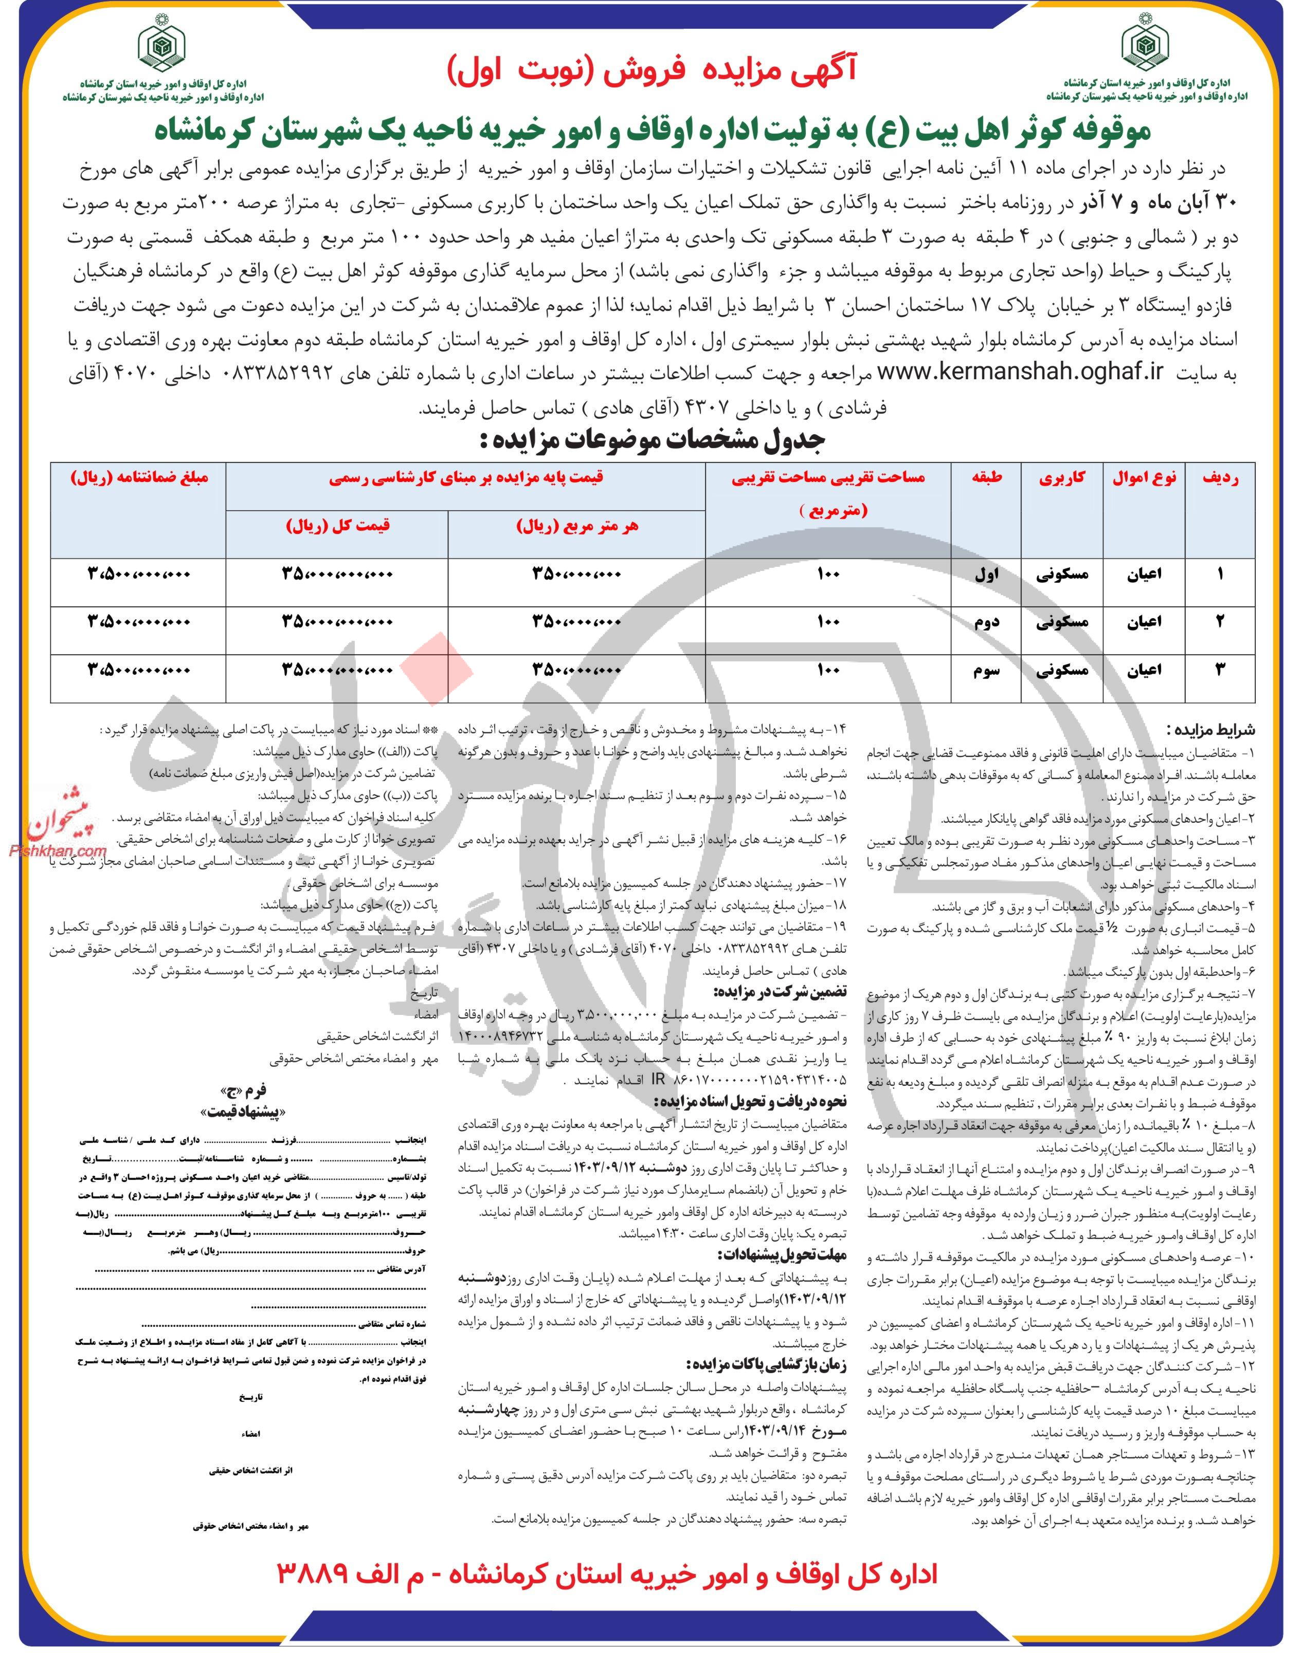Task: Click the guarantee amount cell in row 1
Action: [x=139, y=575]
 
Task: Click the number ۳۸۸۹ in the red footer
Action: [x=314, y=1616]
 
